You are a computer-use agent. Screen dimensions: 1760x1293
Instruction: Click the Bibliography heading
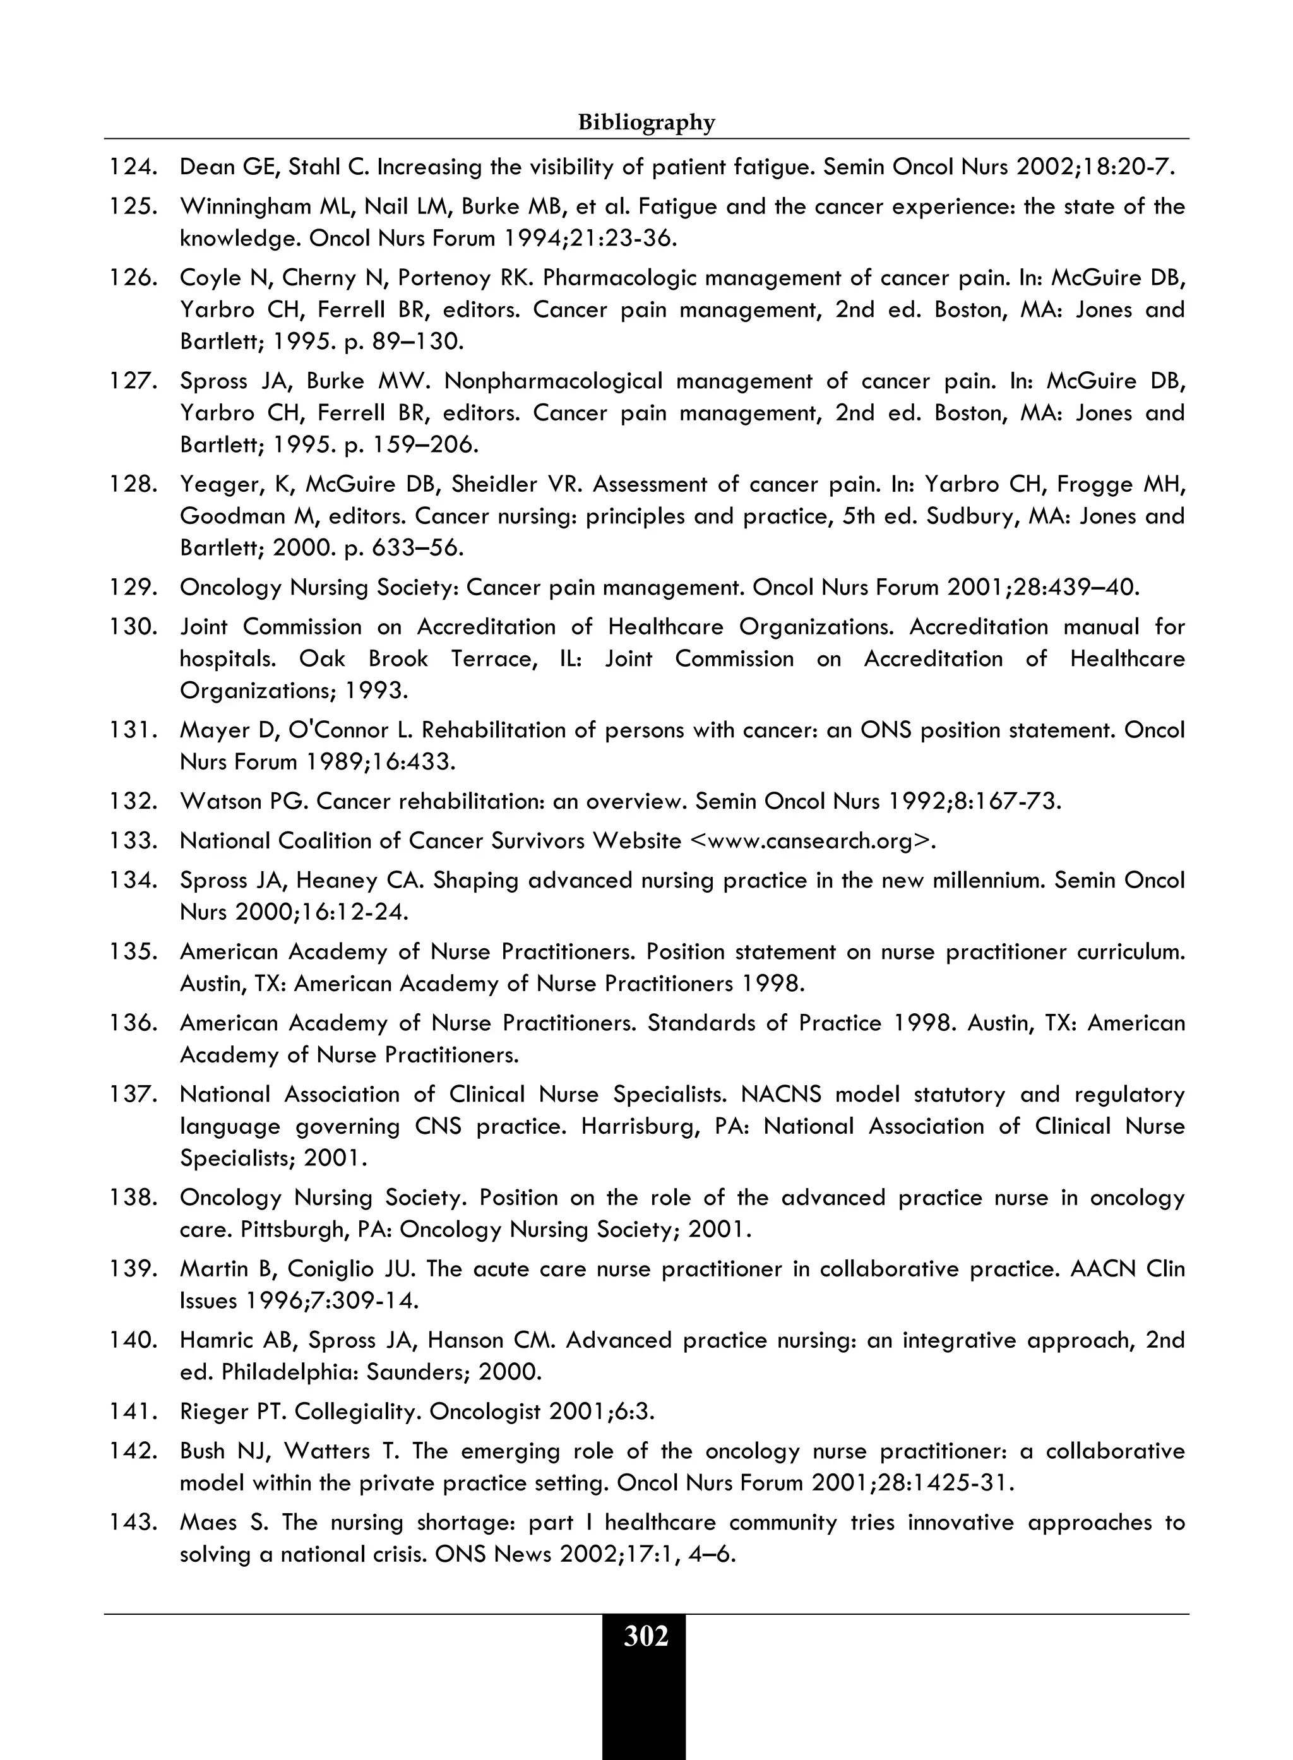[646, 123]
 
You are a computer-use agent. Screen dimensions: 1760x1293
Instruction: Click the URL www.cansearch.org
[812, 841]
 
